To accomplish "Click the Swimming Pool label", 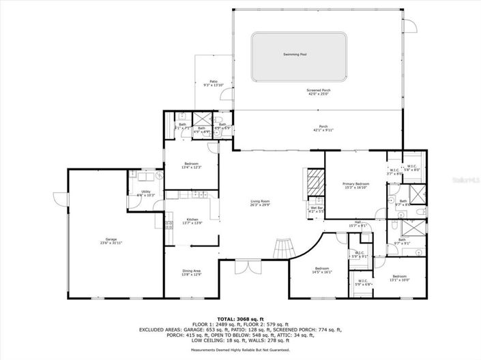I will coord(295,54).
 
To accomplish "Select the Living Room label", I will coord(260,201).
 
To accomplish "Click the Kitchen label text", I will coord(192,219).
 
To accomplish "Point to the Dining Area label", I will coord(191,271).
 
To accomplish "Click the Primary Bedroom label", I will coord(355,184).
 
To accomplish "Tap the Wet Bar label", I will coord(317,207).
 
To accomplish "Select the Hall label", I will coord(358,222).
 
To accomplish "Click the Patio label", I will coord(214,80).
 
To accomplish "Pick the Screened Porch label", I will coord(318,90).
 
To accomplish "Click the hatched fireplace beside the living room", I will coord(315,182).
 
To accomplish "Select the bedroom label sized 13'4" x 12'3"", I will coord(192,167).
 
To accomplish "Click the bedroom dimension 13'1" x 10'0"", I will coord(399,279).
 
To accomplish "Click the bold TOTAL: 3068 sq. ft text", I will coord(240,318).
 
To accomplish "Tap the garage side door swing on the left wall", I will coord(60,200).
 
